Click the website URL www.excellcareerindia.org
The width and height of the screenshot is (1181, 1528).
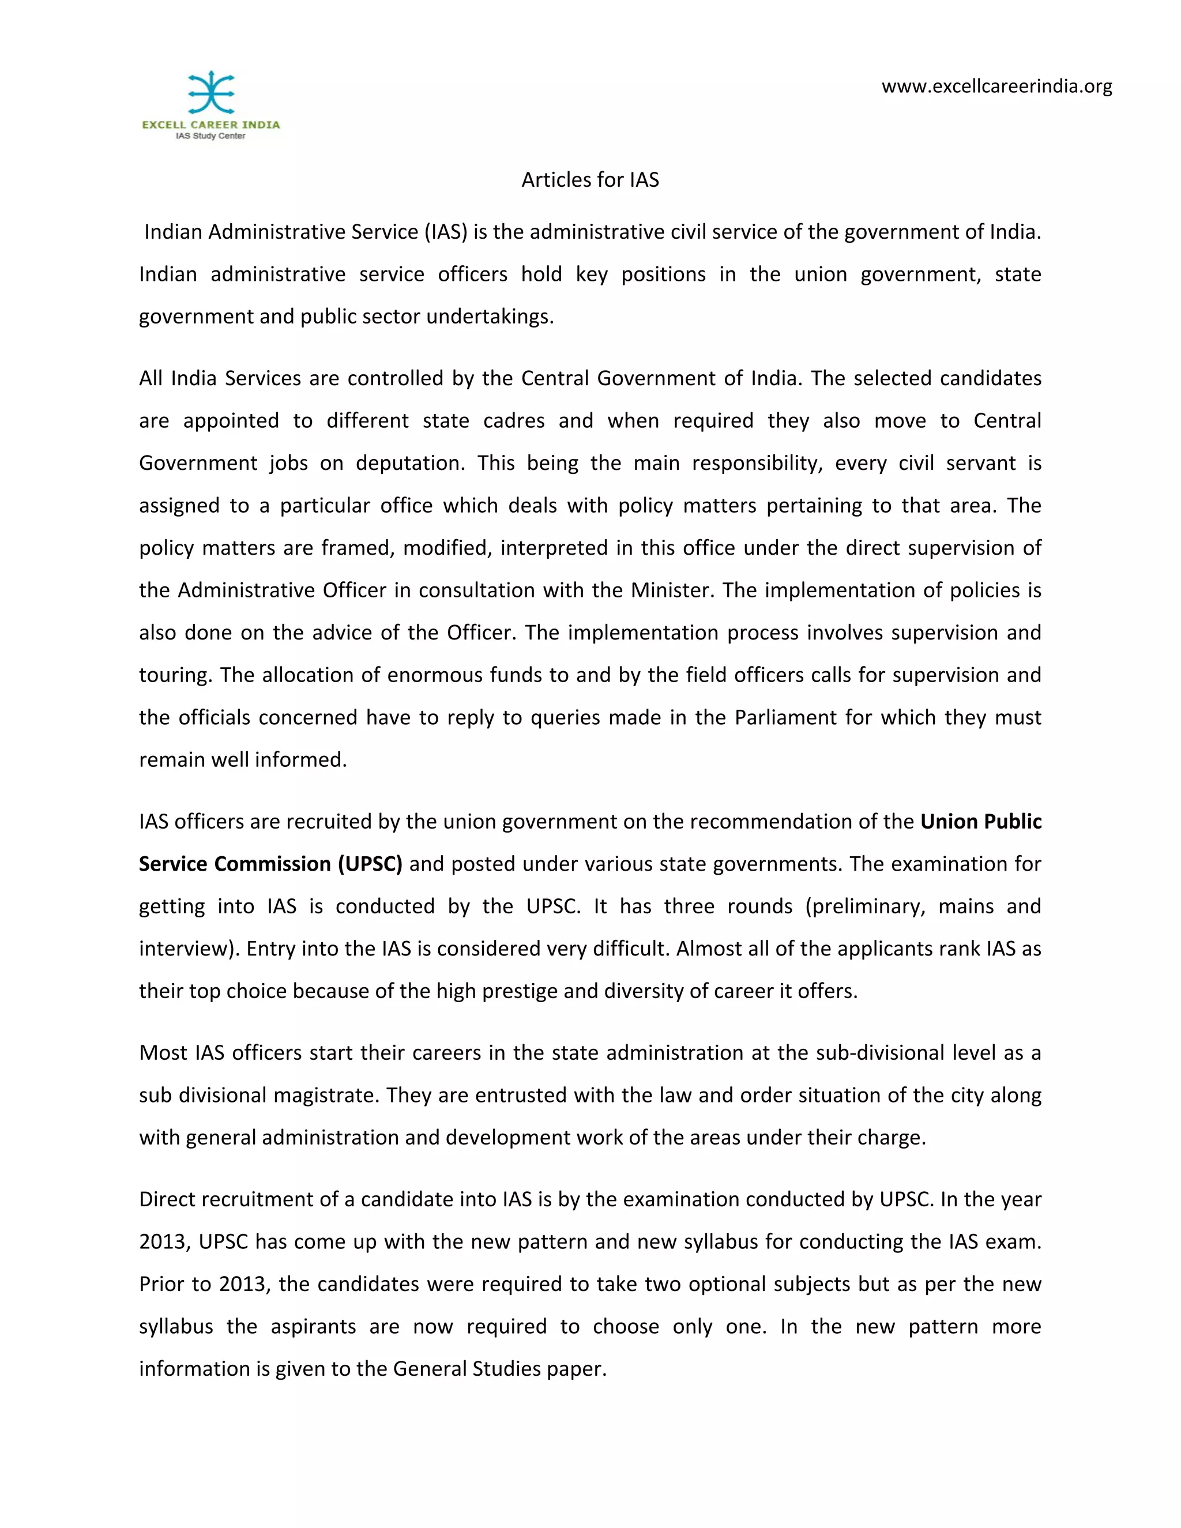pos(996,86)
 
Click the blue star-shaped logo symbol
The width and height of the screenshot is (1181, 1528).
pos(210,92)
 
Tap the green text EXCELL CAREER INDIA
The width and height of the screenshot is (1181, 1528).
pos(210,125)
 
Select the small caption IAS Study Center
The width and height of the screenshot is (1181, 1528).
pos(210,136)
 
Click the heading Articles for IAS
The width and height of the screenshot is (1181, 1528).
pos(590,180)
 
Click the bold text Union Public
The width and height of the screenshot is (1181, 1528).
pos(981,821)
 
